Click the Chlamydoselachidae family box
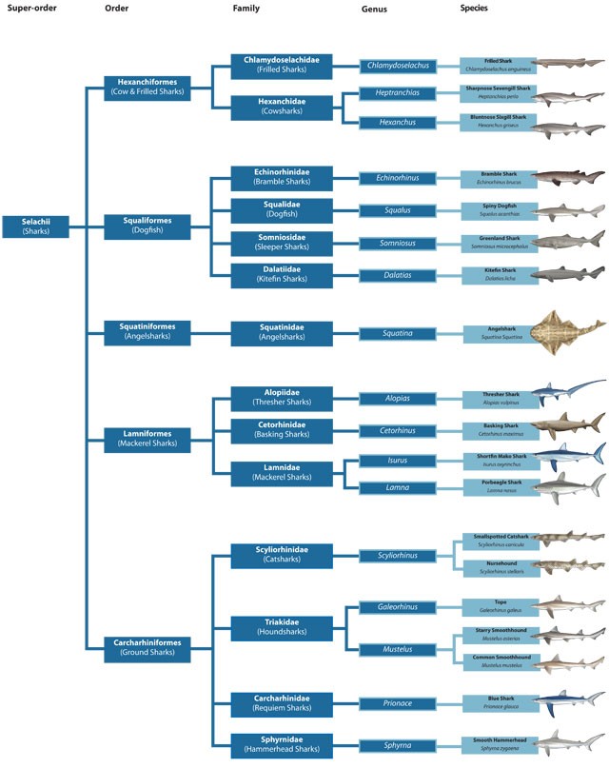click(x=281, y=65)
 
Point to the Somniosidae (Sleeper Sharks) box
click(x=281, y=241)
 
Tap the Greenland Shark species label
click(x=497, y=242)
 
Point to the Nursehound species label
click(x=497, y=566)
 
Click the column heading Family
click(x=246, y=8)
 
